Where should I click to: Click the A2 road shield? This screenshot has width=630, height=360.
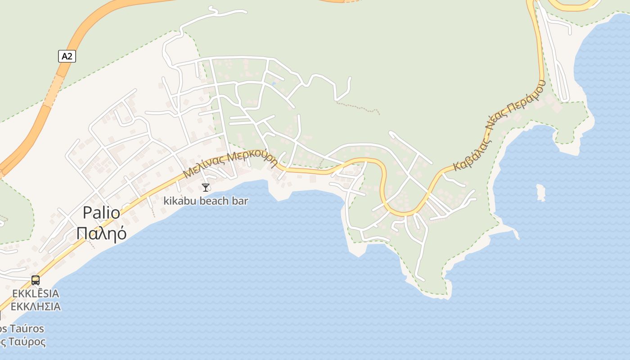[x=67, y=56]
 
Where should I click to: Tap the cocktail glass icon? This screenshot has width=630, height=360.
[x=206, y=187]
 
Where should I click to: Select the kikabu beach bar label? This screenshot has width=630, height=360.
[x=206, y=201]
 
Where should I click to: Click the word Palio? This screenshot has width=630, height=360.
[x=101, y=213]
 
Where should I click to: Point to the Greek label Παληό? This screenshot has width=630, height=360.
[x=101, y=233]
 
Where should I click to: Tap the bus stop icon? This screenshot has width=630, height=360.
[x=36, y=280]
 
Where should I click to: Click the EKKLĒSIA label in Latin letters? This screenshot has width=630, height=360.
[x=36, y=294]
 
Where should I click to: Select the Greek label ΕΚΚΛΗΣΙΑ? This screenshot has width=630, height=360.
[x=36, y=307]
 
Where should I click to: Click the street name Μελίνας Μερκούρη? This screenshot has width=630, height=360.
[x=230, y=163]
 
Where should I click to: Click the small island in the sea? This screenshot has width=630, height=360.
[x=540, y=192]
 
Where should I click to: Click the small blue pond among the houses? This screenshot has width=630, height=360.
[x=273, y=84]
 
